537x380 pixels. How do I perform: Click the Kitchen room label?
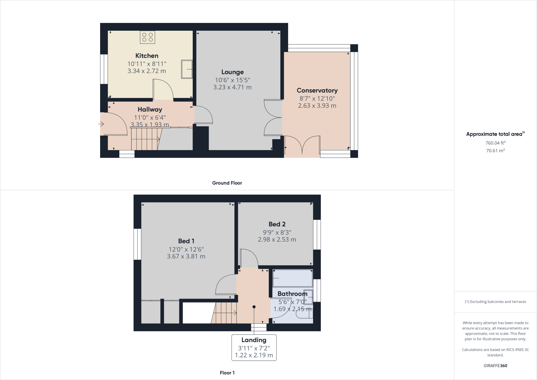click(147, 56)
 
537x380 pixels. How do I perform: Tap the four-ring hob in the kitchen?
click(147, 37)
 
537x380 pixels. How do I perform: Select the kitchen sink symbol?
click(187, 69)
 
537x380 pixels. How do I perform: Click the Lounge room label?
click(232, 72)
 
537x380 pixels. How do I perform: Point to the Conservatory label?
click(317, 90)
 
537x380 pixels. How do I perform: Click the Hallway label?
click(150, 109)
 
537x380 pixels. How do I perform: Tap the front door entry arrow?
click(101, 124)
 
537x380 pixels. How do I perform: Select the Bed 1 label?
click(186, 241)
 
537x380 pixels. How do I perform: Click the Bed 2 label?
click(277, 224)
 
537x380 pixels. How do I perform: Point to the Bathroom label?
click(292, 294)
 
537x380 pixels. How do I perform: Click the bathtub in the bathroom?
click(293, 278)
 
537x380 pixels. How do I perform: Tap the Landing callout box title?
click(254, 340)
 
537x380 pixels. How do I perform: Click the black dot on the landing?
click(254, 307)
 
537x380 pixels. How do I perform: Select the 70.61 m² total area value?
click(495, 151)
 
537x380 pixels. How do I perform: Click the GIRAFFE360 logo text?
click(495, 366)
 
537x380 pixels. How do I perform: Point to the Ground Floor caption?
click(227, 183)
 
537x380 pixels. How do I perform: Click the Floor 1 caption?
click(227, 373)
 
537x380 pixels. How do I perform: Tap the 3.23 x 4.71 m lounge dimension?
click(232, 87)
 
